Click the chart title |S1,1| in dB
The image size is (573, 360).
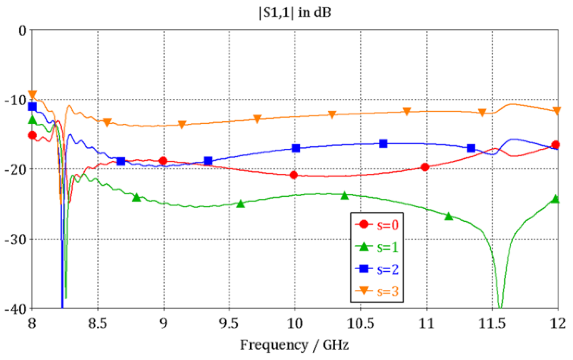coord(295,13)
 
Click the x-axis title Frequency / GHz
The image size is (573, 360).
coord(295,345)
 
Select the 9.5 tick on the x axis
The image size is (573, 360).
coord(229,324)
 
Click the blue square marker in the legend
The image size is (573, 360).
coord(364,268)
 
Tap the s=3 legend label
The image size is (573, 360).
coord(387,291)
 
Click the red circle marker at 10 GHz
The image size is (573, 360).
coord(294,175)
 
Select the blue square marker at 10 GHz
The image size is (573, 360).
coord(296,148)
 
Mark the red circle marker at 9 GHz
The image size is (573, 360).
coord(163,161)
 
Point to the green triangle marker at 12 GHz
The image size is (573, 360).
coord(555,199)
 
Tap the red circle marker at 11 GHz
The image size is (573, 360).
coord(425,167)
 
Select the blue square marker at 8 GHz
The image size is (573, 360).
coord(32,107)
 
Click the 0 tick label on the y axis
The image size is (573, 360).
coord(22,31)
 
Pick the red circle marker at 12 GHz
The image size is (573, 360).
coord(556,145)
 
